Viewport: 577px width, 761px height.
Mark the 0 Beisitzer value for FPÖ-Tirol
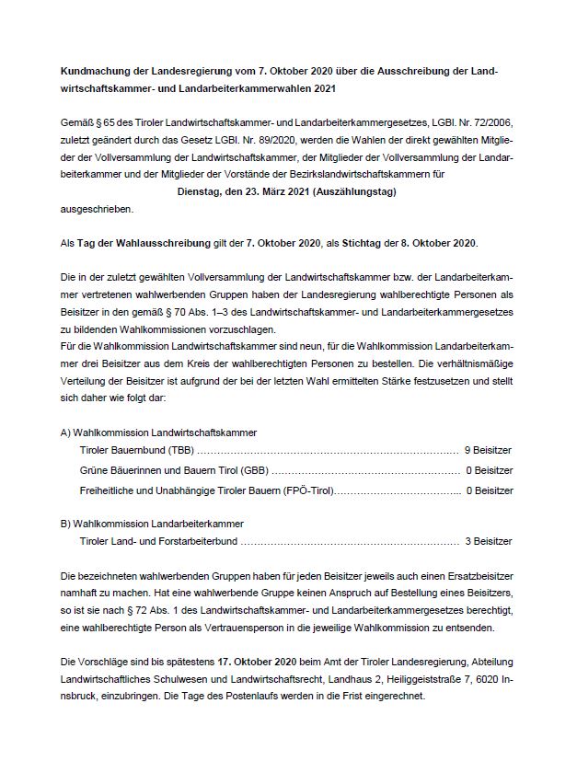[489, 491]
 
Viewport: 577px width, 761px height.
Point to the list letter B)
[65, 523]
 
